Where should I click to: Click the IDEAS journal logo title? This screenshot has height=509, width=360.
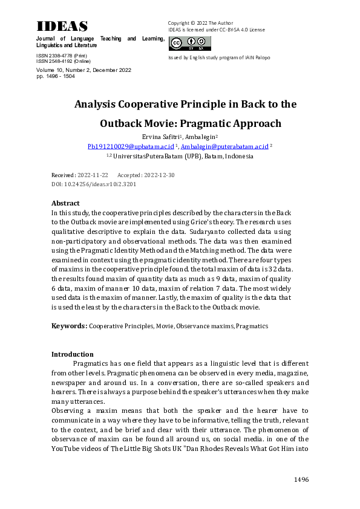point(62,26)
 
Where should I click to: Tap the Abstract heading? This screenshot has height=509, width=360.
point(65,203)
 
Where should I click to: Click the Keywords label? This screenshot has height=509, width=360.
point(69,326)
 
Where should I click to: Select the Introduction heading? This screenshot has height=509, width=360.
point(73,354)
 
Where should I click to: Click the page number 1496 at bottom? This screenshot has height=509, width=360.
point(301,479)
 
